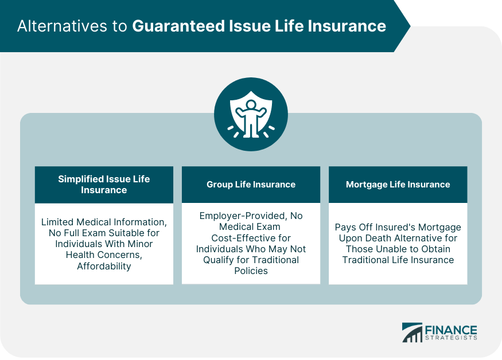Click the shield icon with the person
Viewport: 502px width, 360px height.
pyautogui.click(x=251, y=115)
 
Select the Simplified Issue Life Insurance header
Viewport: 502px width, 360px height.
pyautogui.click(x=104, y=184)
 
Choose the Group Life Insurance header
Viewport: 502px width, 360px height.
pyautogui.click(x=251, y=185)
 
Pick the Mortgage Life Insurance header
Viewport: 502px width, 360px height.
pyautogui.click(x=398, y=185)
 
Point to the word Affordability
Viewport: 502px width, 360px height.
pyautogui.click(x=104, y=266)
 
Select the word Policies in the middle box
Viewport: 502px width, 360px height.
pyautogui.click(x=251, y=271)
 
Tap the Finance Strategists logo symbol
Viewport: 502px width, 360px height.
pyautogui.click(x=411, y=333)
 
